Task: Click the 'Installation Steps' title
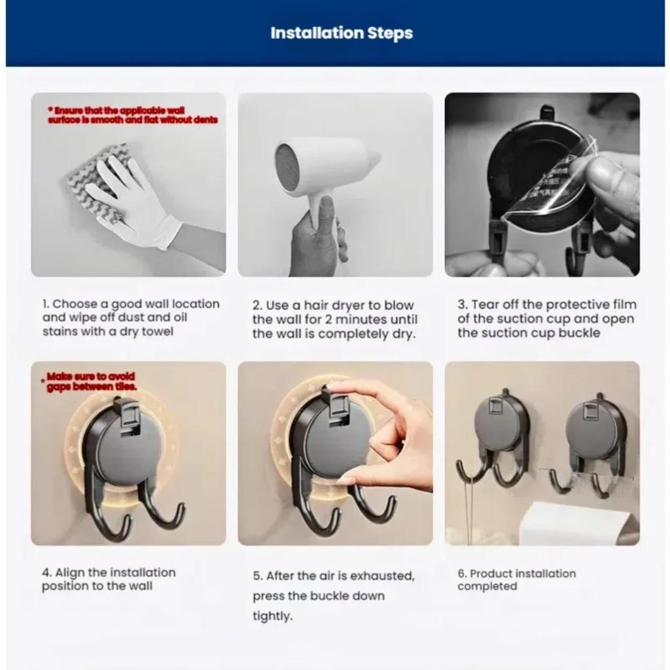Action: [342, 33]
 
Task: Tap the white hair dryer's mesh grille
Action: [287, 167]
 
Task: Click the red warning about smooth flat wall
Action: [132, 115]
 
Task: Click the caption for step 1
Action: [131, 317]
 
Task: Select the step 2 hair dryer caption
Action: [334, 319]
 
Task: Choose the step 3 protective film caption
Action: [546, 319]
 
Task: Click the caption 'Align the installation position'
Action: [109, 579]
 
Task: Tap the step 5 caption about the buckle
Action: [334, 595]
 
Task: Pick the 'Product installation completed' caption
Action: [516, 580]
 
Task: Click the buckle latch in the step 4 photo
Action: [127, 414]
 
